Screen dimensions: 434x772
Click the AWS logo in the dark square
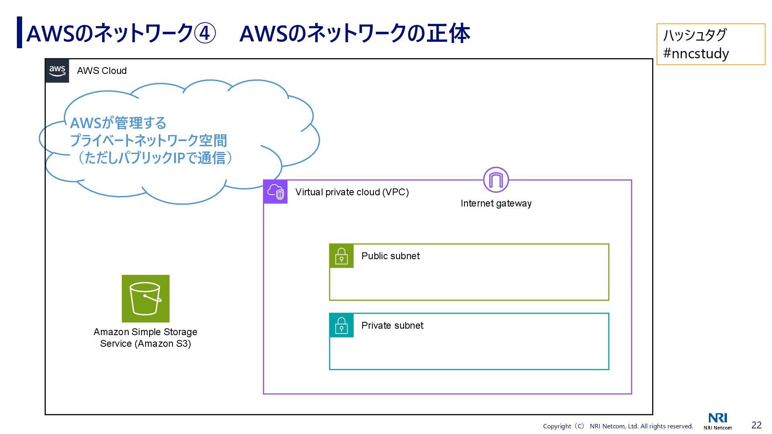(x=57, y=71)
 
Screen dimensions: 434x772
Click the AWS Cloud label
(x=102, y=71)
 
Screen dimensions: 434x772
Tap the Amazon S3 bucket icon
(x=146, y=299)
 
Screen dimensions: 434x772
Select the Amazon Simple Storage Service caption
(x=145, y=338)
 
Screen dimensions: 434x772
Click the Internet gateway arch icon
(x=496, y=180)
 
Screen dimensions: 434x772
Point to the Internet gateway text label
(x=496, y=203)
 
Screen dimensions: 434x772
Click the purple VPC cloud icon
(x=275, y=192)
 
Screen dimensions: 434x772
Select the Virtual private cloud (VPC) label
(x=352, y=192)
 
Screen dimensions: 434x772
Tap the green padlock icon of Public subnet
(x=341, y=256)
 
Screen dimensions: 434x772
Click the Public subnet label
(x=390, y=256)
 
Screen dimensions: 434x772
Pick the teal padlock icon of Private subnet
(x=341, y=325)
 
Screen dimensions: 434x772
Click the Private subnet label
(x=392, y=325)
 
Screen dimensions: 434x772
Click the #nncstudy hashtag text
(x=696, y=53)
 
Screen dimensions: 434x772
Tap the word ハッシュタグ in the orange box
(x=694, y=35)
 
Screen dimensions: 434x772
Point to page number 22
(x=756, y=425)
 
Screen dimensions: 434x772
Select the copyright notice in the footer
(x=618, y=426)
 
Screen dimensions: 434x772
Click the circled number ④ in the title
(x=205, y=33)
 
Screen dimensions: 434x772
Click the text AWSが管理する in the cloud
(x=118, y=123)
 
